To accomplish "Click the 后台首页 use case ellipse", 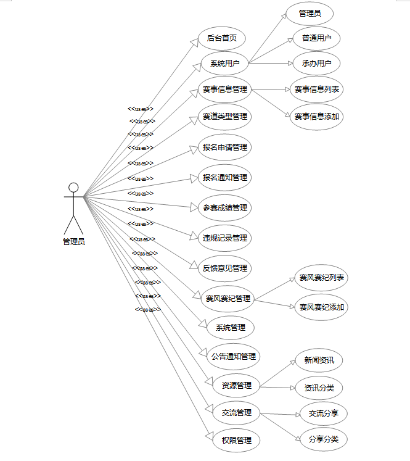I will coord(221,38).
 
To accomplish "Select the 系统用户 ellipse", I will coord(224,63).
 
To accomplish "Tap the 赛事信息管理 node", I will coord(224,89).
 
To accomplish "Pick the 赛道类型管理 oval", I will coord(224,116).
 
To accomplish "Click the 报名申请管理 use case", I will coord(224,147).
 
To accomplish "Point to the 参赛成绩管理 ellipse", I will coord(224,207).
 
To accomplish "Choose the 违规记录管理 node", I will coord(224,238).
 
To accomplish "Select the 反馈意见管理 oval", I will coord(224,268).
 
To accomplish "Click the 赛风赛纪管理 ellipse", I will coord(228,299).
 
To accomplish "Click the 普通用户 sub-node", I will coord(316,38).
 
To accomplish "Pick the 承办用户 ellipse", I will coord(316,63).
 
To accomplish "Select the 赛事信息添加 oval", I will coord(316,116).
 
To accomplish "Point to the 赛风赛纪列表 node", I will coord(321,278).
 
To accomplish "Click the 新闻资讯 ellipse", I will coord(319,360).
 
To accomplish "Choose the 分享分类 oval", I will coord(323,439).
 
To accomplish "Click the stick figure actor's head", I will coord(73,188).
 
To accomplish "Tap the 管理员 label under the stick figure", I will coord(73,242).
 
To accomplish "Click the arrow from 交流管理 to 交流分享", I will coord(281,414).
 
